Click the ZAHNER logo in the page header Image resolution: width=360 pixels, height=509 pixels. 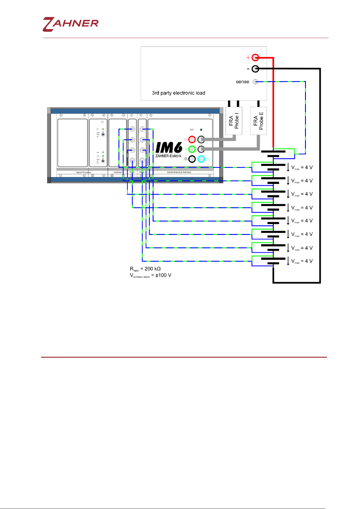pos(71,24)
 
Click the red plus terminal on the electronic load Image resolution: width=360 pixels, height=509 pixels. pos(255,57)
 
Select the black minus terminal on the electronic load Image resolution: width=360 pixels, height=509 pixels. pos(255,69)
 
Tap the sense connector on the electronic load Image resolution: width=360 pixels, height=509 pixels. pos(255,82)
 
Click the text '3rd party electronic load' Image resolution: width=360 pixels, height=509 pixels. pos(178,93)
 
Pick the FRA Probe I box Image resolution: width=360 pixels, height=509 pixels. pos(234,121)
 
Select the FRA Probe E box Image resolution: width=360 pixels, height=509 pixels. pos(258,121)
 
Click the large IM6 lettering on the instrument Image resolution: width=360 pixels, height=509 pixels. pos(169,148)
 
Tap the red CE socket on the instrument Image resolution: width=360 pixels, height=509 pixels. pos(192,140)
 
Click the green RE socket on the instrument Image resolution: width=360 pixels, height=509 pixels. pos(192,149)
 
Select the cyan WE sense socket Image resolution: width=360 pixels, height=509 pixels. pos(201,159)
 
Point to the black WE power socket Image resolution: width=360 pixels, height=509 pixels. pos(192,159)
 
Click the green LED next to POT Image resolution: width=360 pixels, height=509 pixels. pos(201,130)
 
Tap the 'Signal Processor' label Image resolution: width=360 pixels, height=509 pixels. pos(84,172)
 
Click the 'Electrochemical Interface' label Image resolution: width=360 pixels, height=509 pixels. pos(179,172)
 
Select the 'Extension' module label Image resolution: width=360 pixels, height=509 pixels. pos(118,172)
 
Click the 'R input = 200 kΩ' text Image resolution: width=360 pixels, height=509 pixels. pos(145,269)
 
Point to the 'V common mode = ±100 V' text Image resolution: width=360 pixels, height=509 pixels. pos(150,275)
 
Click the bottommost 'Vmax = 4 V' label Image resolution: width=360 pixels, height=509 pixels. pos(302,261)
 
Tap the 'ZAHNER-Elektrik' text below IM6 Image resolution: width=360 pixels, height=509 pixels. pos(169,156)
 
